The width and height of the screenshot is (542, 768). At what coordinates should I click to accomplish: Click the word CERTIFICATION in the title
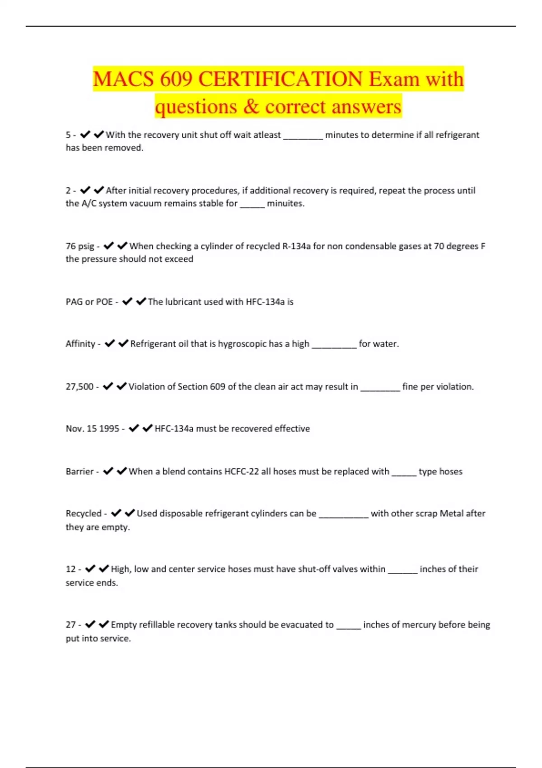coord(280,80)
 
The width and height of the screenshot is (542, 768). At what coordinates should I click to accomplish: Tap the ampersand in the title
coord(251,107)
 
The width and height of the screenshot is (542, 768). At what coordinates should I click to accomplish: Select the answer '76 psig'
coord(80,246)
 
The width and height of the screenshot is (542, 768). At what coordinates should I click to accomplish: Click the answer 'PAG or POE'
coord(89,302)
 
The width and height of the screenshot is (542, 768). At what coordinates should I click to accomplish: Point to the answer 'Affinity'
coord(80,344)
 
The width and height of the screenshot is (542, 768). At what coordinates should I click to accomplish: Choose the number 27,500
coord(79,387)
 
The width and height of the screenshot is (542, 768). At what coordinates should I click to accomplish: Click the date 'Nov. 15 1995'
coord(93,429)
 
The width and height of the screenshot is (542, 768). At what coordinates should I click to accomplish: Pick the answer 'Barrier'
coord(79,472)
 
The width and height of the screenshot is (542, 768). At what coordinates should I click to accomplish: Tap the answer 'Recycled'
coord(84,514)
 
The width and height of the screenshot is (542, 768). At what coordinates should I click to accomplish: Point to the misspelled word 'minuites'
coord(285,204)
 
